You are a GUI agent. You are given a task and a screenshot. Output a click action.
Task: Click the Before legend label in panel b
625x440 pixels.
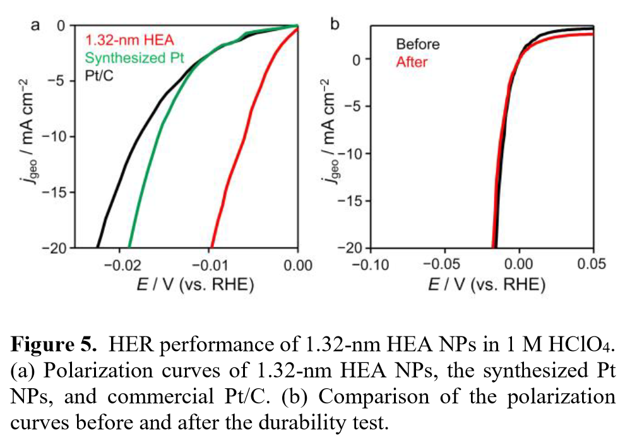(417, 45)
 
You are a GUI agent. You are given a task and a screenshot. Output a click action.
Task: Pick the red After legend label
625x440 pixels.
(412, 62)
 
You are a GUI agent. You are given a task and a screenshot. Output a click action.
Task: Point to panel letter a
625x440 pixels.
(36, 26)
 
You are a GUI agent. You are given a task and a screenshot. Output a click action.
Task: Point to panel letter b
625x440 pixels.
(335, 25)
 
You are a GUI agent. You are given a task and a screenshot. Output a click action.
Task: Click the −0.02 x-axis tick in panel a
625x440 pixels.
(119, 263)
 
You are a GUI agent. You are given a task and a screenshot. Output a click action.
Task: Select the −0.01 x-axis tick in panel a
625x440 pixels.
(208, 263)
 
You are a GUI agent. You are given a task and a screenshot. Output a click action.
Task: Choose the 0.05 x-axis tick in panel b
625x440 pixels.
(593, 263)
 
